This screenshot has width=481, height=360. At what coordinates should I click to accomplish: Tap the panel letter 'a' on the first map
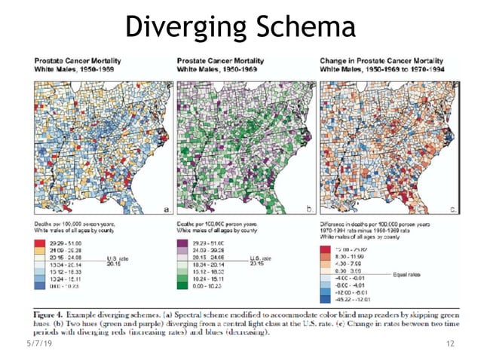164,209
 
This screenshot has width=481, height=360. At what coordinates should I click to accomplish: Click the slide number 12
451,343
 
